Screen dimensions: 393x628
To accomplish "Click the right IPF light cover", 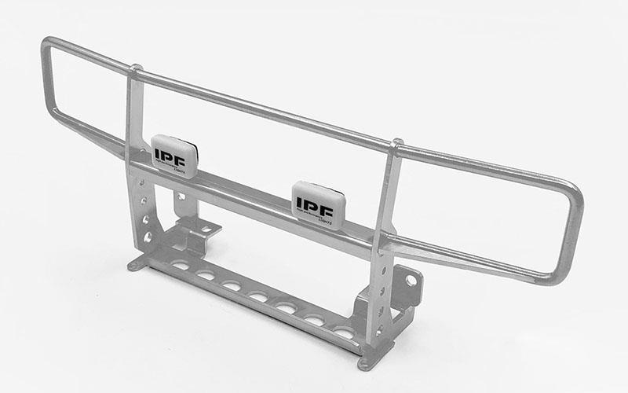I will coord(317,200).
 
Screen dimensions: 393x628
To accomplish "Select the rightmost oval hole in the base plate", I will coord(343,332).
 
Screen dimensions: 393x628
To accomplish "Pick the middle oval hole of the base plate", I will coord(257,296).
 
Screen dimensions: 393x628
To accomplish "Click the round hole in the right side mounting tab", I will coord(411,280).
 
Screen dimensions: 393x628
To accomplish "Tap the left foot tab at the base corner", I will coord(137,265).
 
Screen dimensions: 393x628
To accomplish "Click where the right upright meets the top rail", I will coord(396,147).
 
